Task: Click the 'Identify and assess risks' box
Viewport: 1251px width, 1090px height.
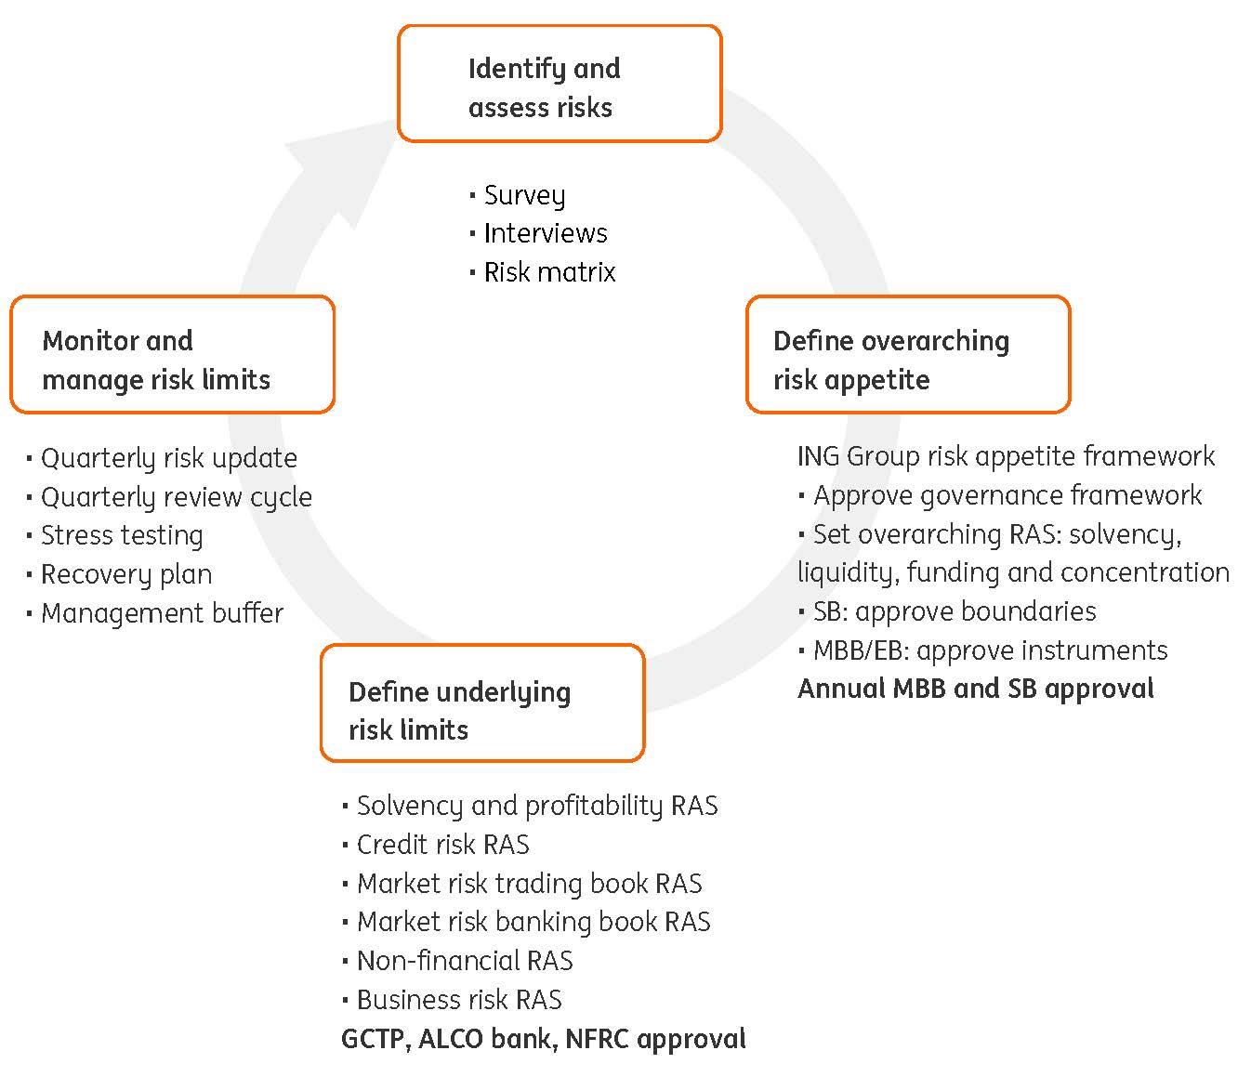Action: (x=560, y=85)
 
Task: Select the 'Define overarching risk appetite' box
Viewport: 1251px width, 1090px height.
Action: (x=908, y=355)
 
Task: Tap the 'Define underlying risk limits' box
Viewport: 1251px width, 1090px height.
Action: (x=481, y=703)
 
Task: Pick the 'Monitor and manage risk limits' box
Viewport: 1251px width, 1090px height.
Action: (x=172, y=355)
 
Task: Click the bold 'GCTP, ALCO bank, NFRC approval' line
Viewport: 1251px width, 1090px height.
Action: (x=543, y=1038)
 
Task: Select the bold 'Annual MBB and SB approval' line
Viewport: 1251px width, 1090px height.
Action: (x=975, y=689)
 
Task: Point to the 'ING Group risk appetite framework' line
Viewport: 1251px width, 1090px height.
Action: (x=1006, y=456)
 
